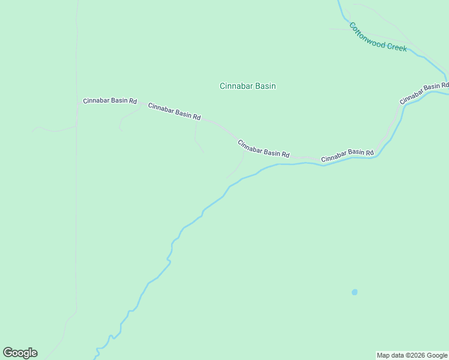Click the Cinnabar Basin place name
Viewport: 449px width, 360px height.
(247, 86)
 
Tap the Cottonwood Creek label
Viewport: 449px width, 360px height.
(378, 37)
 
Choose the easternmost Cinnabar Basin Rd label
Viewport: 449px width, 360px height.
(424, 92)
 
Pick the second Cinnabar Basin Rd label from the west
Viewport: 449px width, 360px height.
(174, 111)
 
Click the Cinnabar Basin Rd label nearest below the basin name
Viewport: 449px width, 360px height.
(264, 149)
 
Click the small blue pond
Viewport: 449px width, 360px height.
(354, 292)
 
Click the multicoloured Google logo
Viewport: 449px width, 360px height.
(20, 353)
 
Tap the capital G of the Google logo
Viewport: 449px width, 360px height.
(8, 353)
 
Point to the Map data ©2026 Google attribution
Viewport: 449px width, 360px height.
(412, 355)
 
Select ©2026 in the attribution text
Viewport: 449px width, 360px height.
(415, 355)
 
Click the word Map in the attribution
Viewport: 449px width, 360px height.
(383, 355)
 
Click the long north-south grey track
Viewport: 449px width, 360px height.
(76, 210)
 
